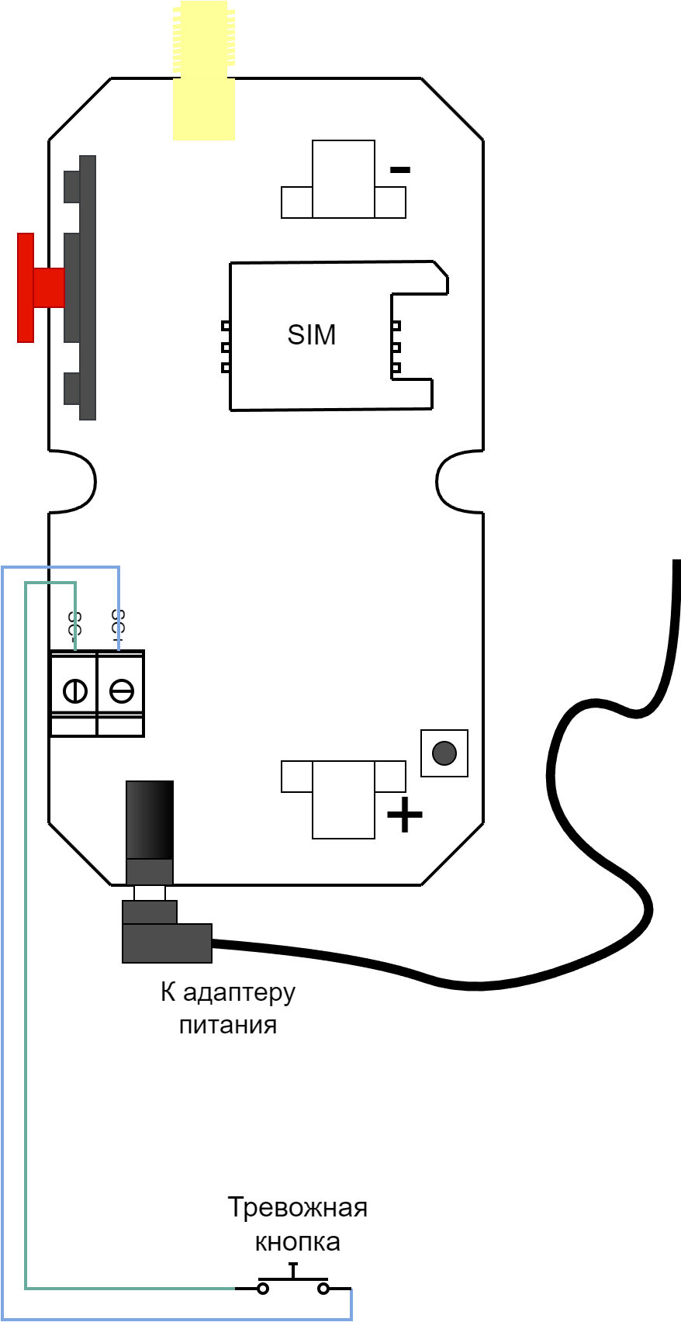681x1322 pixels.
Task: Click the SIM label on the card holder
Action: (x=312, y=335)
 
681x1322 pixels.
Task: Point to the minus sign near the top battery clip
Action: (x=400, y=169)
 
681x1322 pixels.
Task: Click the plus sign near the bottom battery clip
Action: (x=404, y=815)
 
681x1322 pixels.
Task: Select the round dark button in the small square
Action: (x=444, y=753)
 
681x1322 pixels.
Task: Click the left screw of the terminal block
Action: (x=74, y=690)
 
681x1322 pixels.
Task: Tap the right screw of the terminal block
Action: (x=121, y=690)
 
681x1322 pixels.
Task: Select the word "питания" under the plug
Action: (x=228, y=1026)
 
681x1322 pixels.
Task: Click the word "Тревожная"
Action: (x=298, y=1208)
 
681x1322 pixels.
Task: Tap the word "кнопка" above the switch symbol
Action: (x=298, y=1242)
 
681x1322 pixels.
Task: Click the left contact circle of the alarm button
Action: (x=263, y=1289)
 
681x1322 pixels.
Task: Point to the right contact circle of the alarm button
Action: (x=323, y=1289)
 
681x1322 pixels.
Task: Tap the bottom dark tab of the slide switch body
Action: (x=71, y=388)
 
